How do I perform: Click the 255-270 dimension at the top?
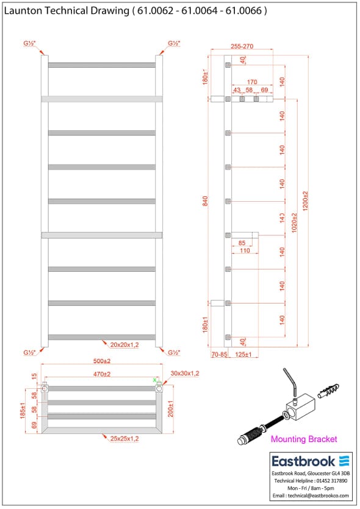[x=242, y=46]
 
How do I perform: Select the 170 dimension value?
[x=251, y=82]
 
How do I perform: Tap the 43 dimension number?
[x=237, y=90]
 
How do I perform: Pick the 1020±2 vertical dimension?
[x=294, y=223]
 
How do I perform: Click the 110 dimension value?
[x=244, y=251]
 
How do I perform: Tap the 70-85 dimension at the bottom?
[x=219, y=354]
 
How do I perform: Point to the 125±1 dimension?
[x=243, y=354]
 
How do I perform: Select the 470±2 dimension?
[x=101, y=374]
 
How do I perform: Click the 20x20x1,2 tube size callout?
[x=121, y=345]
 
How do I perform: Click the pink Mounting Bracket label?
[x=303, y=439]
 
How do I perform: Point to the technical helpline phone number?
[x=330, y=481]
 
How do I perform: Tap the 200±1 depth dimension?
[x=171, y=408]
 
